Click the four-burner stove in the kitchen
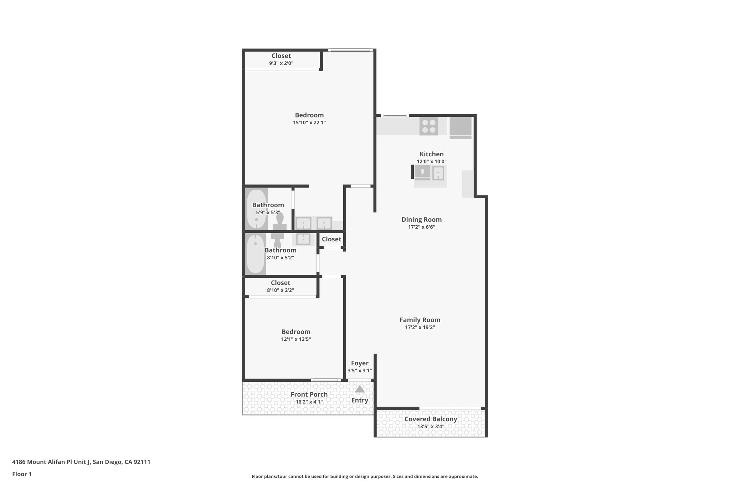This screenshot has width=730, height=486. pos(429,126)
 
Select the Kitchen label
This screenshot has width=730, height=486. pos(431,154)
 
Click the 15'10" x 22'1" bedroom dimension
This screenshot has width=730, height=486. pos(309,122)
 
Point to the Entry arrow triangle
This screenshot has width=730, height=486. pos(360,389)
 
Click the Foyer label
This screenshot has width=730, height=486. pos(360,363)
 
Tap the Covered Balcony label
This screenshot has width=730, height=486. pos(431,419)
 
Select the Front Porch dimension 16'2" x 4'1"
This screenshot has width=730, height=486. pos(309,402)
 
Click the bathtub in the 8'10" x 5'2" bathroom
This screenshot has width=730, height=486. pos(255,254)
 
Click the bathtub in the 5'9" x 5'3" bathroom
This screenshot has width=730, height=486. pos(257,209)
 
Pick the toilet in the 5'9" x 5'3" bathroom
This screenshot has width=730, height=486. pos(280,222)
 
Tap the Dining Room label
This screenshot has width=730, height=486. pos(421,220)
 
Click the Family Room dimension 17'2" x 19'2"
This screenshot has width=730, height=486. pos(420,327)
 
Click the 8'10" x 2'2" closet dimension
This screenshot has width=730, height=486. pos(281,290)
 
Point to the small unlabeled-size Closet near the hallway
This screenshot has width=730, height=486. pos(331,239)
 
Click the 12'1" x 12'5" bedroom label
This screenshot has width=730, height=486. pos(296,332)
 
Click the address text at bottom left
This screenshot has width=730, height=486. pos(81,462)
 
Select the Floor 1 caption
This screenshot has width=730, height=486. pos(22,474)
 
